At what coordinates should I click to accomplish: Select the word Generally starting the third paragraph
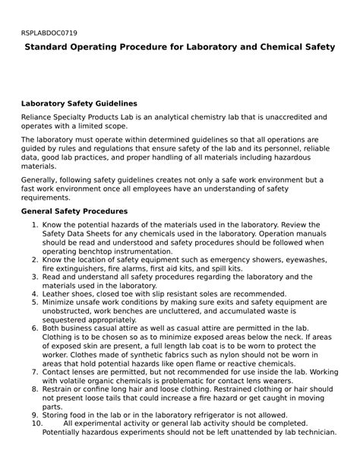tap(43, 180)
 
